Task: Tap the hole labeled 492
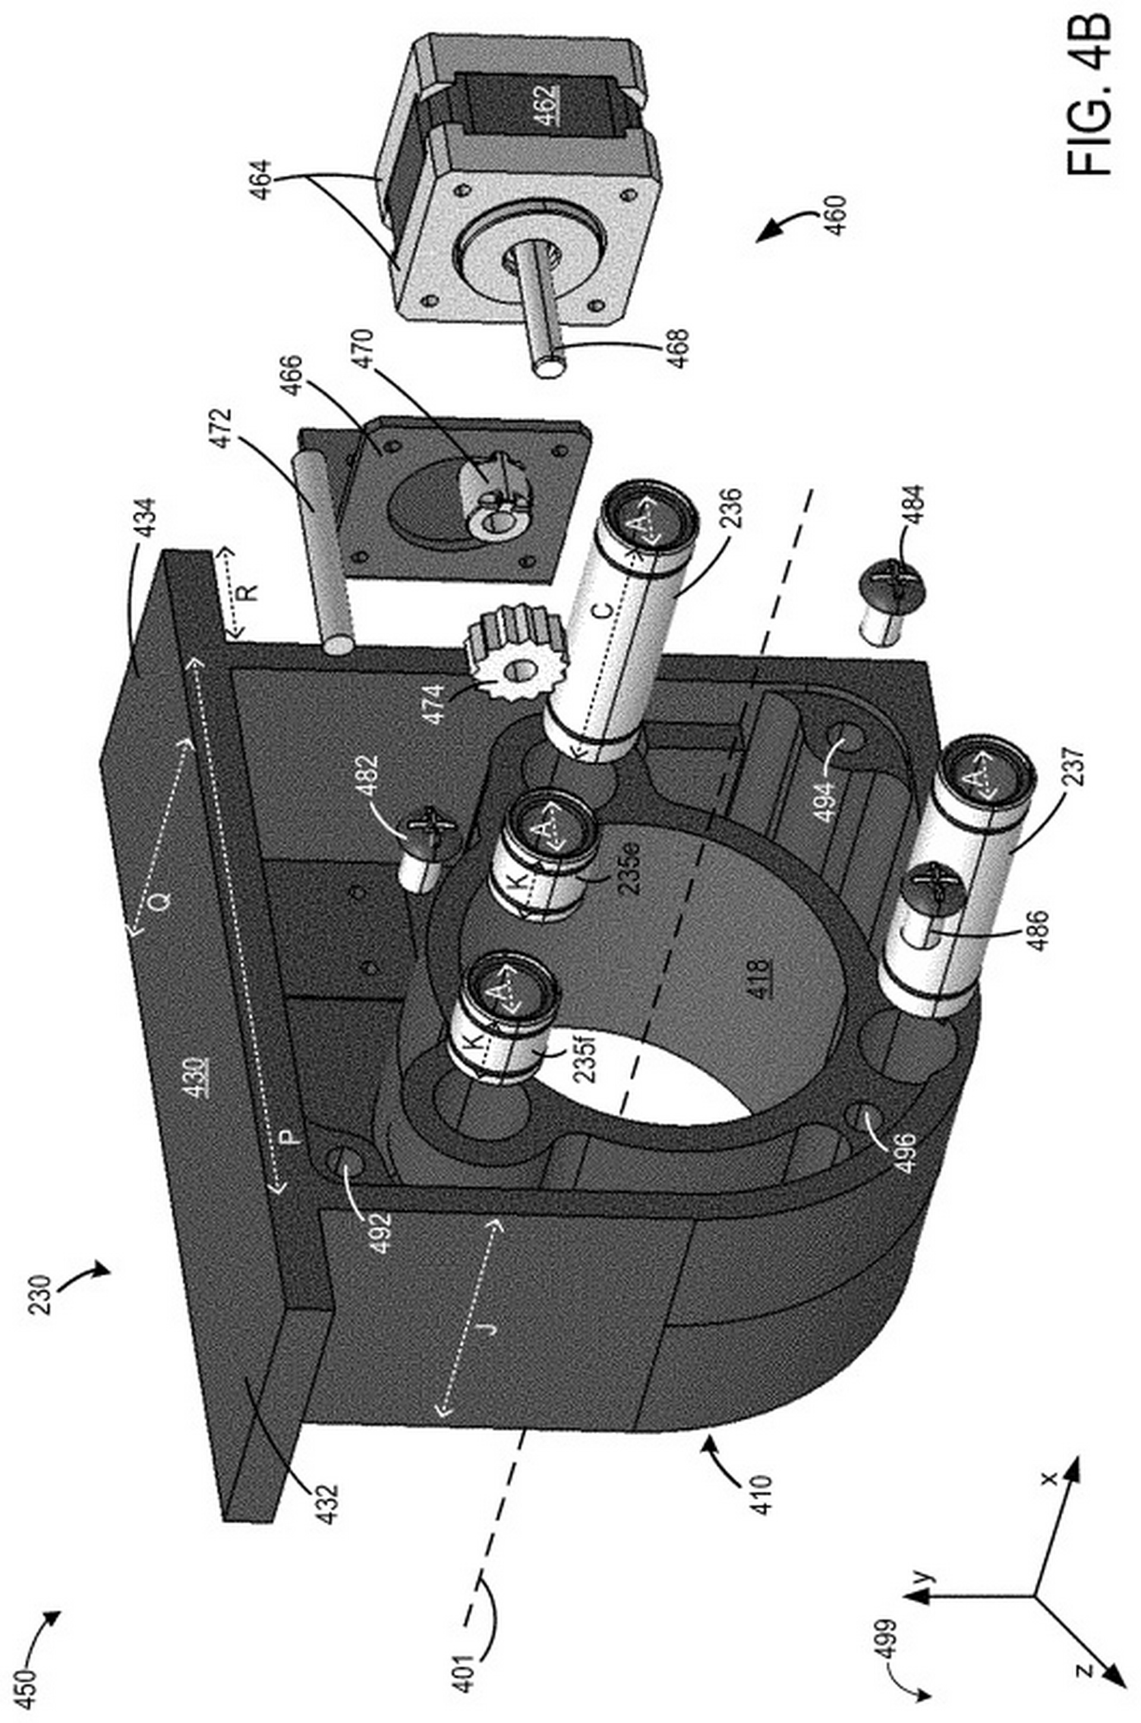(x=348, y=1161)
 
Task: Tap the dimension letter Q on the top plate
(x=162, y=901)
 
